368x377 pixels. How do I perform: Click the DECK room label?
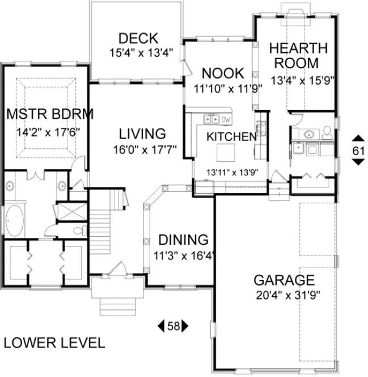tap(138, 39)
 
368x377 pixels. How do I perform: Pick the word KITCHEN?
tap(231, 137)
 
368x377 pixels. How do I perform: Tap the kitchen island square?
tap(226, 152)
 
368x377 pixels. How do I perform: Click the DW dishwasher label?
tap(225, 119)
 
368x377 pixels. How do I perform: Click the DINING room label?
tap(183, 240)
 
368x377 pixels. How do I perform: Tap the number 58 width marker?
tap(173, 326)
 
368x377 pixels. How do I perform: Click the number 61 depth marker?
tap(358, 150)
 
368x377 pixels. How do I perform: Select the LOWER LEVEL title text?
tap(54, 343)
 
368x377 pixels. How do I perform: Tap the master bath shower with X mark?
tap(73, 212)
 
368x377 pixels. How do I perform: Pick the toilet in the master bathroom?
tap(79, 231)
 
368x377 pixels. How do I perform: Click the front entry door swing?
tap(119, 268)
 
